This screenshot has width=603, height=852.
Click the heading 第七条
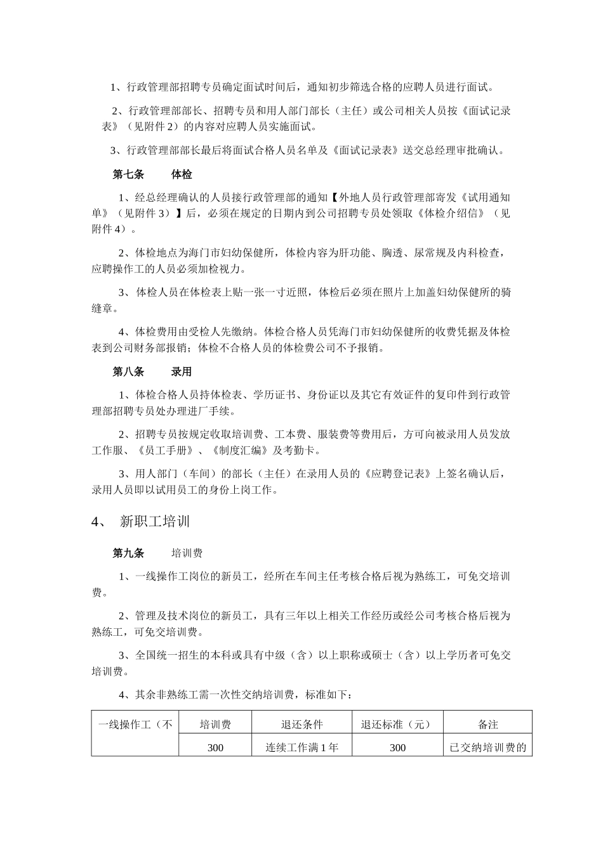coord(128,174)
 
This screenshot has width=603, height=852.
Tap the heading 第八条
coord(128,372)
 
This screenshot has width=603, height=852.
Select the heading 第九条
coord(128,553)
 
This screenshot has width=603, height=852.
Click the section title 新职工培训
coord(155,522)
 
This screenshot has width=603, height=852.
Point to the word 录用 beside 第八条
coord(181,372)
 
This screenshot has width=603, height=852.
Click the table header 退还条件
coord(301,725)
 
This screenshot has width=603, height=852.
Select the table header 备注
coord(487,725)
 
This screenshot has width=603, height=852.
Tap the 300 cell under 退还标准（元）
coord(397,747)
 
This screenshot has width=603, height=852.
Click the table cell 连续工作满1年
coord(301,747)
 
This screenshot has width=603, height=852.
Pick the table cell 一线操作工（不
coord(135,725)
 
